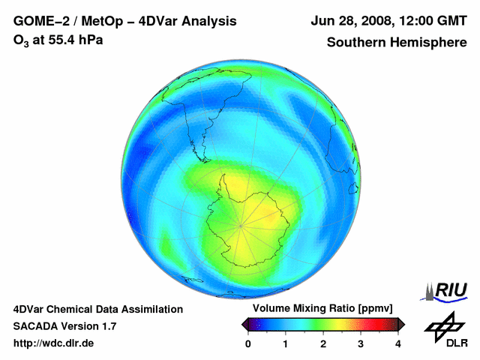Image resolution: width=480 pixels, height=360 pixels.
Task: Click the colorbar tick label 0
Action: click(x=248, y=343)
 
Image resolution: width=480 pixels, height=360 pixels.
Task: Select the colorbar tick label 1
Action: click(x=286, y=343)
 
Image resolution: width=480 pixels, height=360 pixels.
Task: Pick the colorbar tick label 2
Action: click(x=323, y=343)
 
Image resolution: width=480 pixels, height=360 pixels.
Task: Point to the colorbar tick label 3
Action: click(x=361, y=343)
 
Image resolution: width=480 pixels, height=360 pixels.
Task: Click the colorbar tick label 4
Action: click(x=398, y=343)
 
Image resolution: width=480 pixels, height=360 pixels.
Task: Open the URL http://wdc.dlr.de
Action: click(x=55, y=343)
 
